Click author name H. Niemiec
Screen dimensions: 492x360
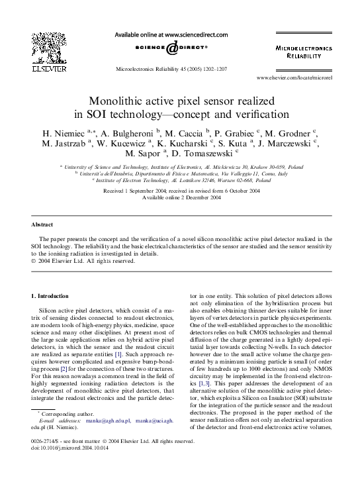coord(64,132)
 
